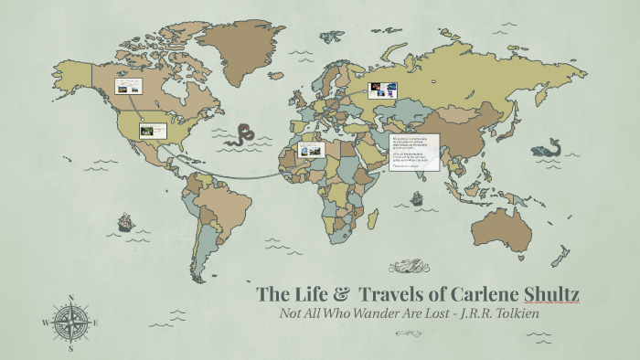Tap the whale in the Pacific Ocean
tap(552, 147)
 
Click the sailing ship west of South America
tap(124, 222)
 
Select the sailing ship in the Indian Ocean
tap(417, 196)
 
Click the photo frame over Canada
tap(127, 89)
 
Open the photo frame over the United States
tap(152, 130)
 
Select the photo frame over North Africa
tap(310, 149)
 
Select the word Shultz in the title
tap(549, 294)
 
